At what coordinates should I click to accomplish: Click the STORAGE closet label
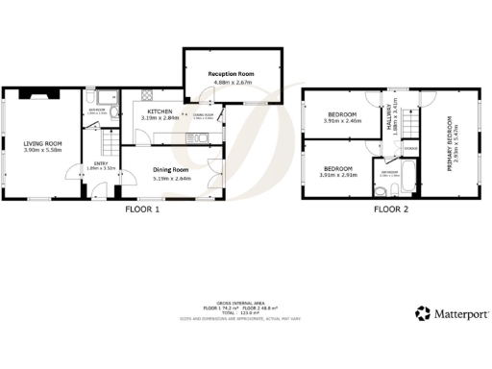tap(410, 148)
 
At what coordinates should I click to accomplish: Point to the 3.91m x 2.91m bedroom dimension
tap(339, 175)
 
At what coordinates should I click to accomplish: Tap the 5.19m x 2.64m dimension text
tap(173, 178)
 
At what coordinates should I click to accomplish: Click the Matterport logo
tap(451, 312)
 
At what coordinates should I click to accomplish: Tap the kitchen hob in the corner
tap(145, 96)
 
